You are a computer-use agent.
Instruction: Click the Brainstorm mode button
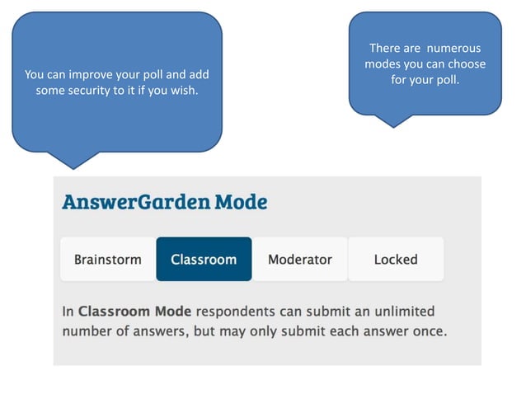(108, 260)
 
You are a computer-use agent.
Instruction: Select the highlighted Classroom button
(204, 260)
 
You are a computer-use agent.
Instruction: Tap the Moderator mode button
(300, 260)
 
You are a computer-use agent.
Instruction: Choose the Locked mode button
(396, 260)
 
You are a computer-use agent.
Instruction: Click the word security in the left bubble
(94, 90)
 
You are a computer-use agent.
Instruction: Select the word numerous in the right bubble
(454, 48)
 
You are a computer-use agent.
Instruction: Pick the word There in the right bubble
(384, 48)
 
